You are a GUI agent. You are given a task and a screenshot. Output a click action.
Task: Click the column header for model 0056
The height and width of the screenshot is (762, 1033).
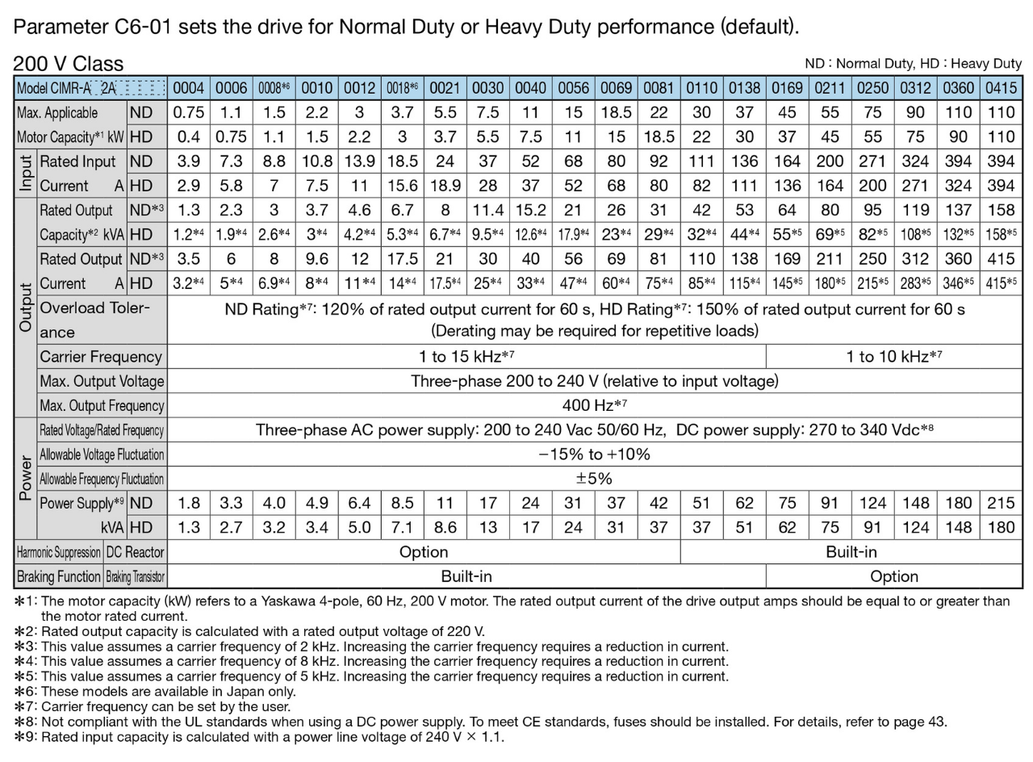(x=573, y=88)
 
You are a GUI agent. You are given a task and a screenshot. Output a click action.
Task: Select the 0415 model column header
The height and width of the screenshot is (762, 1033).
(x=1001, y=88)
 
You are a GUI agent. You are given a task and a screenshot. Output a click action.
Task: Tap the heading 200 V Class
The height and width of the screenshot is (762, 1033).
(x=69, y=64)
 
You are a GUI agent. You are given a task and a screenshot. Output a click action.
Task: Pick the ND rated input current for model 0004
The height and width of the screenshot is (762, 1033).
(x=188, y=161)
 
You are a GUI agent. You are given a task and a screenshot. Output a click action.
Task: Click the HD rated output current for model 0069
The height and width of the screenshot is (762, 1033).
(x=616, y=283)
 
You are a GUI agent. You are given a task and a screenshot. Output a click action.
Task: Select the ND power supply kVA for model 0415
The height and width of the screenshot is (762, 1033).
(x=1001, y=503)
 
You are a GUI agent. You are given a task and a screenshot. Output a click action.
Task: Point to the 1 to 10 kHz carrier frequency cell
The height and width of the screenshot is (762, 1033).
(x=893, y=357)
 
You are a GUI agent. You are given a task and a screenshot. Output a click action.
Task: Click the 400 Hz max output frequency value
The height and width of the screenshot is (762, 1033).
(x=594, y=405)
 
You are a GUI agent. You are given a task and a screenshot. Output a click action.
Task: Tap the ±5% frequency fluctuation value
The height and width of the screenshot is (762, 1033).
(x=594, y=479)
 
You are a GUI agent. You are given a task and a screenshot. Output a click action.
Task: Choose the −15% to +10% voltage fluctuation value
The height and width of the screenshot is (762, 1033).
(x=594, y=454)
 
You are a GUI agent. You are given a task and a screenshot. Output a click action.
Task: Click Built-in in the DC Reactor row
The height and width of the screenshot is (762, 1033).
(x=851, y=552)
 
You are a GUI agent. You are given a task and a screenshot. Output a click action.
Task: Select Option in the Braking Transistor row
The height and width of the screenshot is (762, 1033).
(x=893, y=576)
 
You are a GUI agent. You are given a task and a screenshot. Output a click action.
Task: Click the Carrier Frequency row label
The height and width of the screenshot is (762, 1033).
(x=101, y=357)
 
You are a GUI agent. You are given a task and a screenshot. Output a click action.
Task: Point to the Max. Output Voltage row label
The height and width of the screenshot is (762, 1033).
(x=102, y=381)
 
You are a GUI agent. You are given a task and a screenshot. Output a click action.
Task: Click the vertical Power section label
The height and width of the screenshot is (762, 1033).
(x=26, y=479)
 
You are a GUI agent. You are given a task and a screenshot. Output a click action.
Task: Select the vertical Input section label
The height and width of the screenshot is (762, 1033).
(x=26, y=174)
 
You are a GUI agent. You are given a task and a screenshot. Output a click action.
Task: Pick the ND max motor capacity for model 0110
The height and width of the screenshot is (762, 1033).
(x=701, y=112)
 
